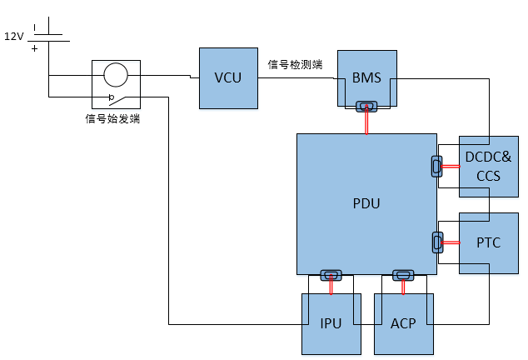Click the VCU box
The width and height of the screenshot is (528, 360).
228,78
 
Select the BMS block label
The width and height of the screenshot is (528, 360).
366,77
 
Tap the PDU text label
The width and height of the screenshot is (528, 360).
366,203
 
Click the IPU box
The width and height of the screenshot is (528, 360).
331,324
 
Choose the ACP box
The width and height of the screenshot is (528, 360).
404,324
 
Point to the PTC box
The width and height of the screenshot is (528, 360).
489,243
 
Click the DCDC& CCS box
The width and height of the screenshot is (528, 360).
489,167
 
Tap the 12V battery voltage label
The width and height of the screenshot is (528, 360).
14,36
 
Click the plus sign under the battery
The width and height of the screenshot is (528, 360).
34,49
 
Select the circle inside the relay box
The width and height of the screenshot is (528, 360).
116,75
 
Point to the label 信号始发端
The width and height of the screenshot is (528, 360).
112,118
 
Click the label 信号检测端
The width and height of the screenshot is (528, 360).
296,64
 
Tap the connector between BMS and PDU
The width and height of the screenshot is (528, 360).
366,107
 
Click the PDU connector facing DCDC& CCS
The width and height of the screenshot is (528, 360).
436,166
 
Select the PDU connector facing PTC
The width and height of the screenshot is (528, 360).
437,242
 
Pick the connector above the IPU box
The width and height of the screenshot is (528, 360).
331,275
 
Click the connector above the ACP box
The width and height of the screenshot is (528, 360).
403,275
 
